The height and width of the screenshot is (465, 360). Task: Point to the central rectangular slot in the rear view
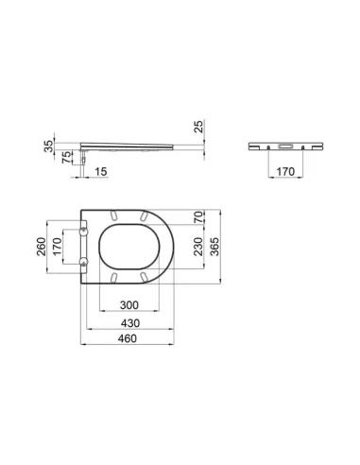coord(283,146)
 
